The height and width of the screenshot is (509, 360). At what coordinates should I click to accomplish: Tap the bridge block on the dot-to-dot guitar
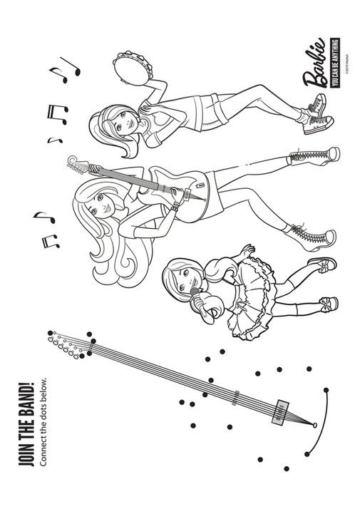[x=279, y=411]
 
